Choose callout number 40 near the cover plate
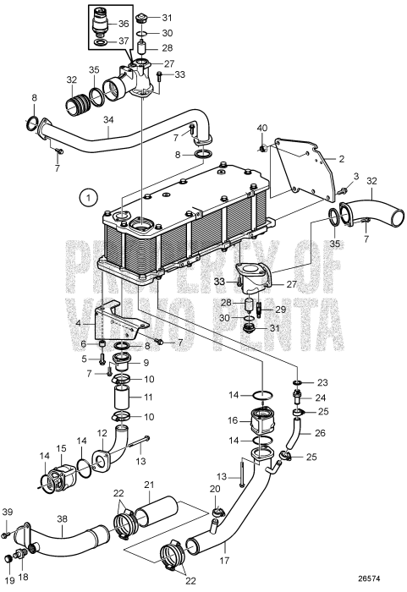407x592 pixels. [261, 127]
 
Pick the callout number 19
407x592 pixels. [10, 580]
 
